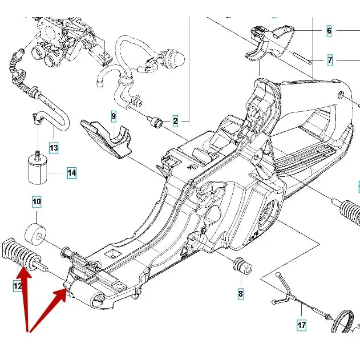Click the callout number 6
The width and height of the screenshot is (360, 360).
pos(329,31)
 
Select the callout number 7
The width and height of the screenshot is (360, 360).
pos(330,59)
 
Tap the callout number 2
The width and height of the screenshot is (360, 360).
pos(175,120)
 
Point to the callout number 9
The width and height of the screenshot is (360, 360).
pos(114,117)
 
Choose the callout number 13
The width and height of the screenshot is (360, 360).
pos(53,148)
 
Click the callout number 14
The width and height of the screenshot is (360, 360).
pos(71,172)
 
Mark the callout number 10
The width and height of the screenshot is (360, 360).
pos(37,201)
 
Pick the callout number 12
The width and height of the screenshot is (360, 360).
pos(18,286)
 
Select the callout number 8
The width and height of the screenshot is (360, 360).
pos(240,294)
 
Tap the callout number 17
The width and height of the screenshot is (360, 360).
pos(301,325)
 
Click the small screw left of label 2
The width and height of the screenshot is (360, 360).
pos(154,120)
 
